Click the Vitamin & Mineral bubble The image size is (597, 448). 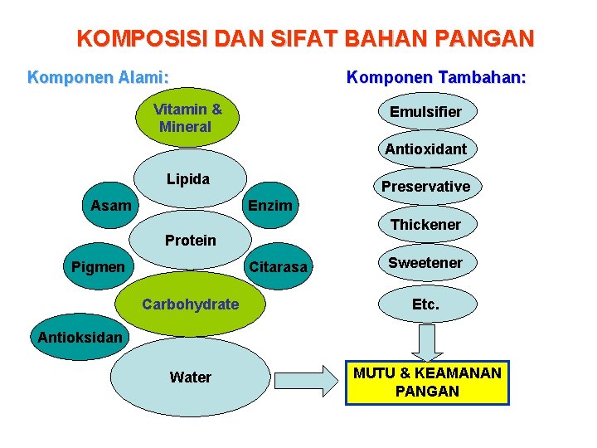pos(187,118)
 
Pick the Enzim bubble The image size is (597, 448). pos(270,205)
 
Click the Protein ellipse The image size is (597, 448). pos(190,241)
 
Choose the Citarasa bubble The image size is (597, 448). pos(278,267)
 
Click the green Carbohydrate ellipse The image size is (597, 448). pos(190,304)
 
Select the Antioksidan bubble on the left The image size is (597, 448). pos(80,337)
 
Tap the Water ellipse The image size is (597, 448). pos(190,377)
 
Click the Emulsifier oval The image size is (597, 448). pos(426,111)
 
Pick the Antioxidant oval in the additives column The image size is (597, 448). pos(426,149)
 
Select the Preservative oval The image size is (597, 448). pos(426,187)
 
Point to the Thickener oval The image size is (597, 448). pos(426,225)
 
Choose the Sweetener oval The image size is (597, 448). pos(426,263)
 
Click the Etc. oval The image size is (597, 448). pos(426,304)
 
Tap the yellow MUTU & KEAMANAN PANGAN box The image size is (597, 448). pos(427,382)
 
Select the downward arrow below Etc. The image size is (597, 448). pos(426,341)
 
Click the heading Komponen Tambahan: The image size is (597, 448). pos(436,78)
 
